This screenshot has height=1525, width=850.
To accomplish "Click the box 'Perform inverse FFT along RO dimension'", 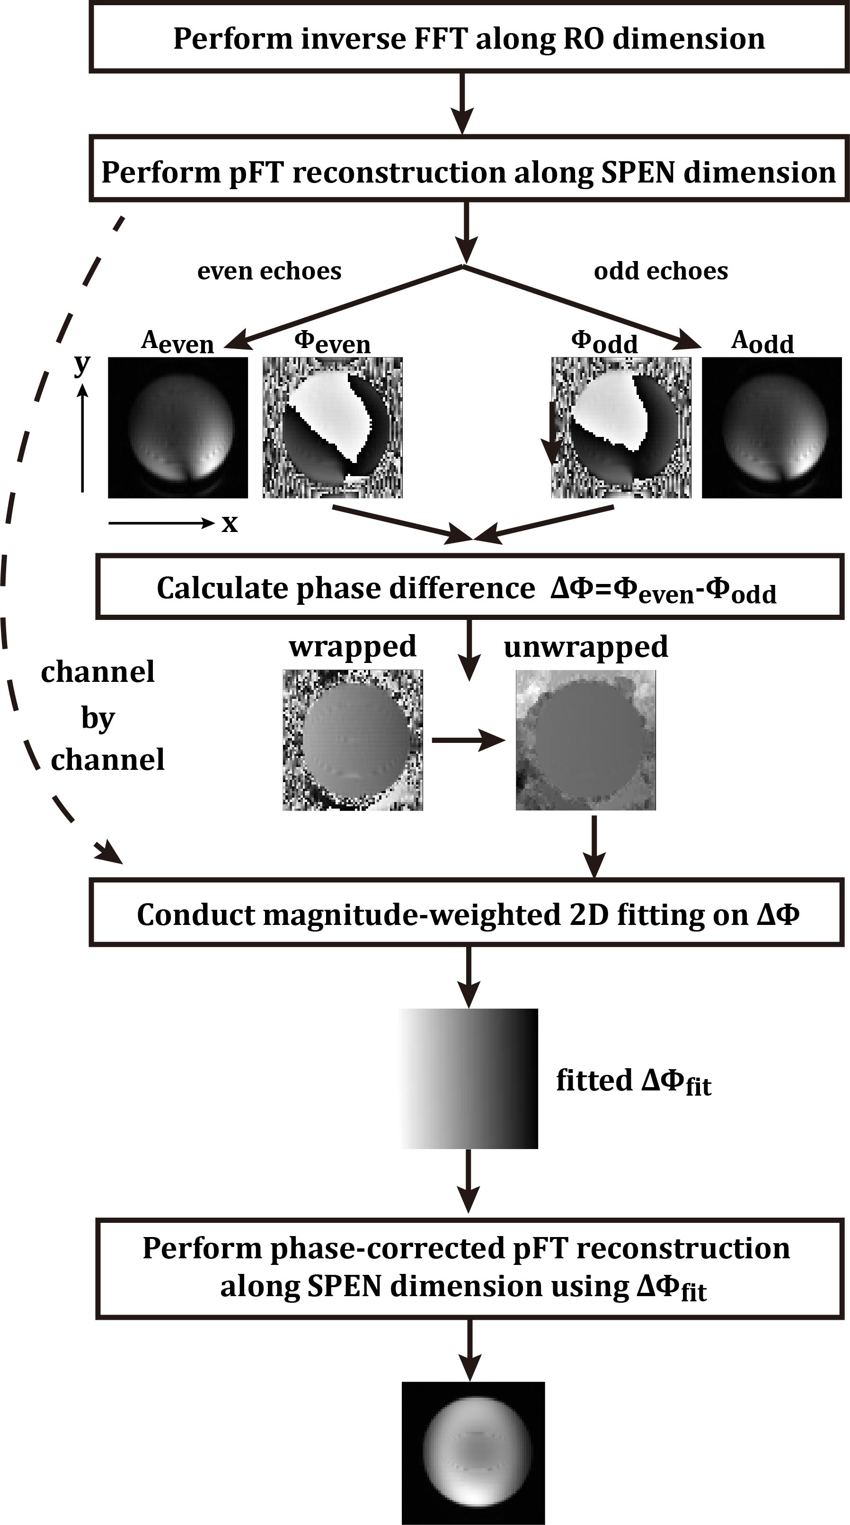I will click(x=469, y=38).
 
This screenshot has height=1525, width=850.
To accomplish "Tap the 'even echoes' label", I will click(x=269, y=270).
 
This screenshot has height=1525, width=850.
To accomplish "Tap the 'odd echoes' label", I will click(x=660, y=270).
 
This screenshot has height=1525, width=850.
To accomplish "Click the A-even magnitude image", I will click(x=177, y=427).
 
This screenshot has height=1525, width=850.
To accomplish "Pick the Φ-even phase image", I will click(x=332, y=427).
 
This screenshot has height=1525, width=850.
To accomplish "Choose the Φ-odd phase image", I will click(x=621, y=427).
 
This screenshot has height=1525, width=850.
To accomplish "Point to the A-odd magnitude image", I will click(x=771, y=427).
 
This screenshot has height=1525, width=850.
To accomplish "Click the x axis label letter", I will click(x=229, y=523).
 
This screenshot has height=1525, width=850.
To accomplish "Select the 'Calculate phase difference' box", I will click(x=469, y=587).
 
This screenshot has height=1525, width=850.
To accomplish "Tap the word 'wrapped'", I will click(x=353, y=646).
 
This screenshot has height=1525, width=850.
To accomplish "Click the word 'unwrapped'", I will click(x=586, y=646).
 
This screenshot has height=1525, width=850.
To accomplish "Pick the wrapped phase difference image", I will click(x=353, y=740).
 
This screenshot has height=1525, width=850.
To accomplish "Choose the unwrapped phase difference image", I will click(x=586, y=740).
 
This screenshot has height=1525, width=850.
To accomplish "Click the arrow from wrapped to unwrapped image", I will click(x=468, y=740).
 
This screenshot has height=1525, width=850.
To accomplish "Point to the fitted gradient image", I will click(x=469, y=1079).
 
